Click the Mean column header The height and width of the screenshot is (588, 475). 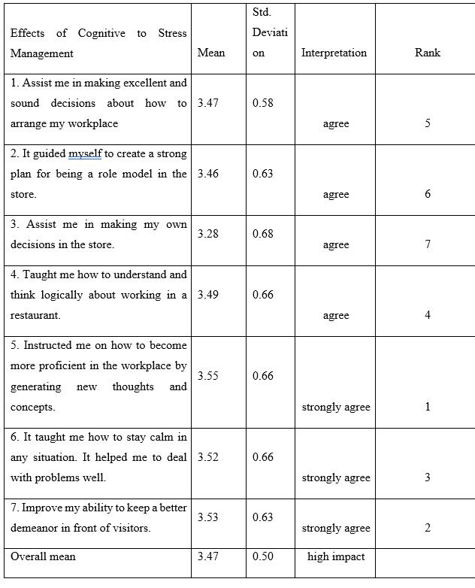coord(210,53)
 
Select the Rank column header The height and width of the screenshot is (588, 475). coord(427,53)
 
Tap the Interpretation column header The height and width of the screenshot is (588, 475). coord(334,53)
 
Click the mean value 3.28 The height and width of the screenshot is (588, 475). coord(208,235)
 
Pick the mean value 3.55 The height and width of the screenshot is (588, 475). coord(208,376)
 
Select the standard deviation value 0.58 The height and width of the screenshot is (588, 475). coord(263,103)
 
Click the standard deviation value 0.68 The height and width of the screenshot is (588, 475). coord(263,235)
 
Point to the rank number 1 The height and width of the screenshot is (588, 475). coord(428,407)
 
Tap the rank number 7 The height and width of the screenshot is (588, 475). coord(428,244)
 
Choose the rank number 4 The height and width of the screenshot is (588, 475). coord(428,315)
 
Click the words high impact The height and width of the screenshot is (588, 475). coord(336,557)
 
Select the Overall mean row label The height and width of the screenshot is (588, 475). coord(43,557)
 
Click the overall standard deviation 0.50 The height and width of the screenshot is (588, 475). coord(263,557)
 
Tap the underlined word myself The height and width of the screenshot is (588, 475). coord(85,153)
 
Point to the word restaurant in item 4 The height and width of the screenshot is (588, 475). coord(34,315)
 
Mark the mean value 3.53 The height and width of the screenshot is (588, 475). coord(208,517)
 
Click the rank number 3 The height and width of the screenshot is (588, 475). coord(428,477)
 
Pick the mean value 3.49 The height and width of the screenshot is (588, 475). coord(208,295)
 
